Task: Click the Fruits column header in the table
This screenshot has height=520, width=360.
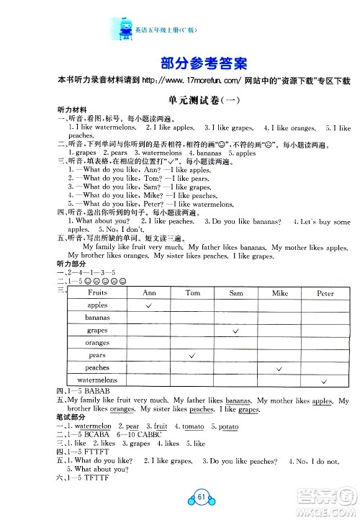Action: (x=97, y=293)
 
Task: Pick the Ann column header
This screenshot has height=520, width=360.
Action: (x=149, y=293)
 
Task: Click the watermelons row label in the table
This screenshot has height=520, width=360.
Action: (x=97, y=380)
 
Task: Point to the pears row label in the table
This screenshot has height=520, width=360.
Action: (x=97, y=355)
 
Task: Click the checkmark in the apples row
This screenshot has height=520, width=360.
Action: (x=149, y=305)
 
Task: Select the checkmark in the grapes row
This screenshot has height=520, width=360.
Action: (x=235, y=330)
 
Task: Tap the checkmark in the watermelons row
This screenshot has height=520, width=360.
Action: (x=325, y=380)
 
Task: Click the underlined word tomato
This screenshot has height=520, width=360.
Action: (x=193, y=426)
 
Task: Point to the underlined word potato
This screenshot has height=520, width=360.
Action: (x=229, y=426)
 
